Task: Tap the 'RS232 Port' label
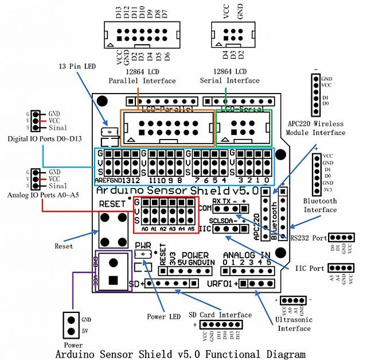(x=308, y=237)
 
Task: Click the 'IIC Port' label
(x=310, y=268)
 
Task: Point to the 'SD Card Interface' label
(x=221, y=315)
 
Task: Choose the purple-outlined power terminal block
(x=113, y=272)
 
